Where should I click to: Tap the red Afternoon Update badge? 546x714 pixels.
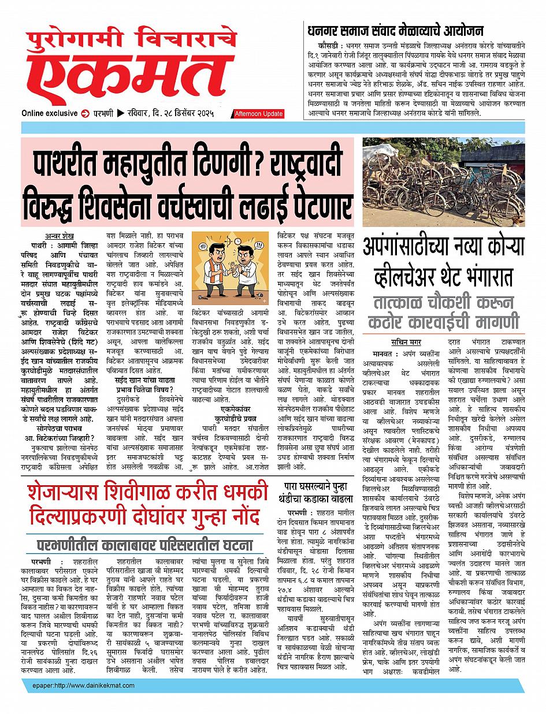(259, 114)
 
